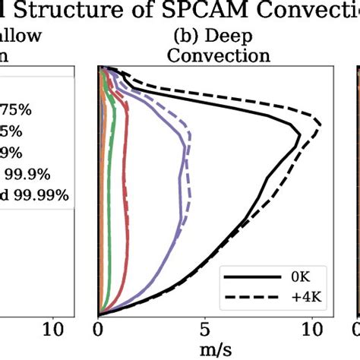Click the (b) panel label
click(x=184, y=36)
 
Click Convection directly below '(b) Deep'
click(x=218, y=55)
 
